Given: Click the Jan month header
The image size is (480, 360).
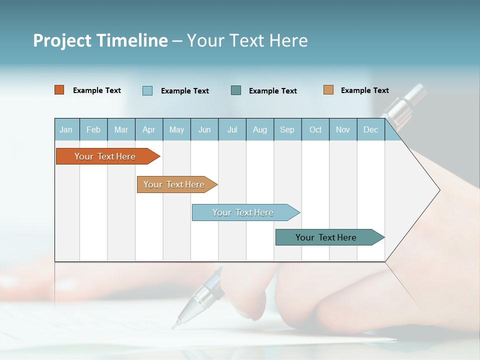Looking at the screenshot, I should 66,130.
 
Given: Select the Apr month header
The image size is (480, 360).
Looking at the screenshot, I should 149,130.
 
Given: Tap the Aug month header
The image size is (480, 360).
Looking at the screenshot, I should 260,130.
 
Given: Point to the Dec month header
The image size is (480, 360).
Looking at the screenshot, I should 371,130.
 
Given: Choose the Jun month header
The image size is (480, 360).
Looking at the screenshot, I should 204,130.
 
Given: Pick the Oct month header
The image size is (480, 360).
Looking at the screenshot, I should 315,130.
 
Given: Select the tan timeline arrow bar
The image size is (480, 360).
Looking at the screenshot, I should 175,184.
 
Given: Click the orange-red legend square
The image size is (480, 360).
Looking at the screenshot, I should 59,90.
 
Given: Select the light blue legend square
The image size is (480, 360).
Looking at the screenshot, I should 147,90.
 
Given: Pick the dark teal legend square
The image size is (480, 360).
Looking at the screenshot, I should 236,90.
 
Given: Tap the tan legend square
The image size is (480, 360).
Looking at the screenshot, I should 328,90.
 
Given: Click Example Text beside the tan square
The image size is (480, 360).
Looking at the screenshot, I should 365,90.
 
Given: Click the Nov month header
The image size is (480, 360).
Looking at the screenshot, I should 343,130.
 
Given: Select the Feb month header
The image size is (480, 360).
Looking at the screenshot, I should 93,130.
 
